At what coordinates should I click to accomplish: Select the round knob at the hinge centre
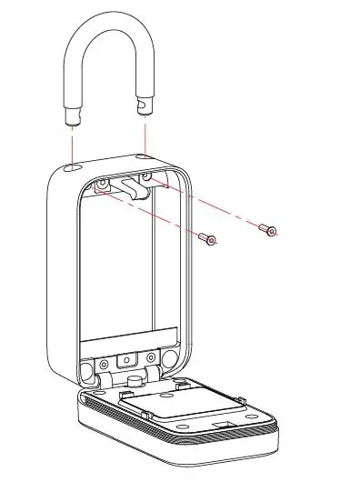click(133, 375)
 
